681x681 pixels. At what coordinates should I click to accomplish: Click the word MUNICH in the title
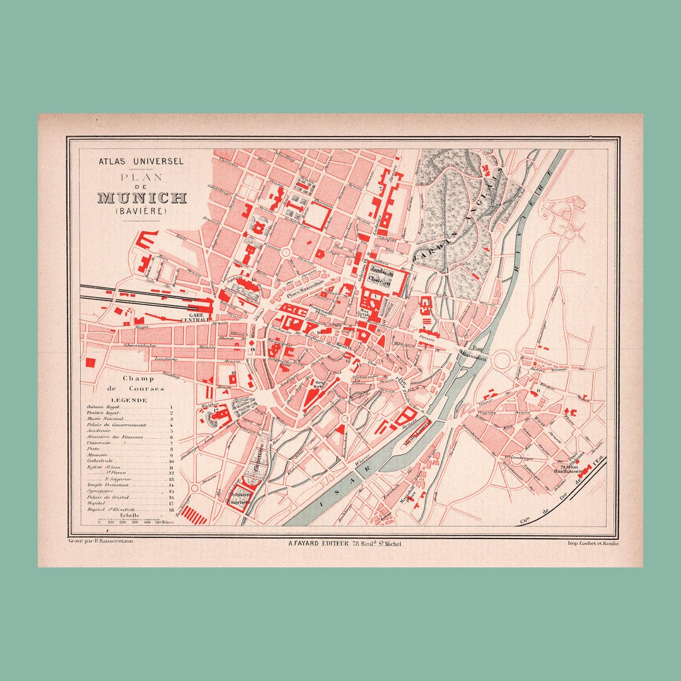pos(142,198)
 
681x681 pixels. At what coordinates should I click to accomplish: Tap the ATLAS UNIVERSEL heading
pos(141,161)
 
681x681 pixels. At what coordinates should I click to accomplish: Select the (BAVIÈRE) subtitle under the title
pos(141,212)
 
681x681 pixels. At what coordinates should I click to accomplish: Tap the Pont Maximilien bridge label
pos(474,355)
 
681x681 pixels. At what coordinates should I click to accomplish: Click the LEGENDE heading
pos(129,400)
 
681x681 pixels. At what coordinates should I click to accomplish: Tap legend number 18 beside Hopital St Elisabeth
pos(172,509)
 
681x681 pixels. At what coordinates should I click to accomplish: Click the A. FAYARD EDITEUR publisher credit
pos(344,543)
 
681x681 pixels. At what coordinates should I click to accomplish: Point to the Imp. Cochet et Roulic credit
pos(593,543)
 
